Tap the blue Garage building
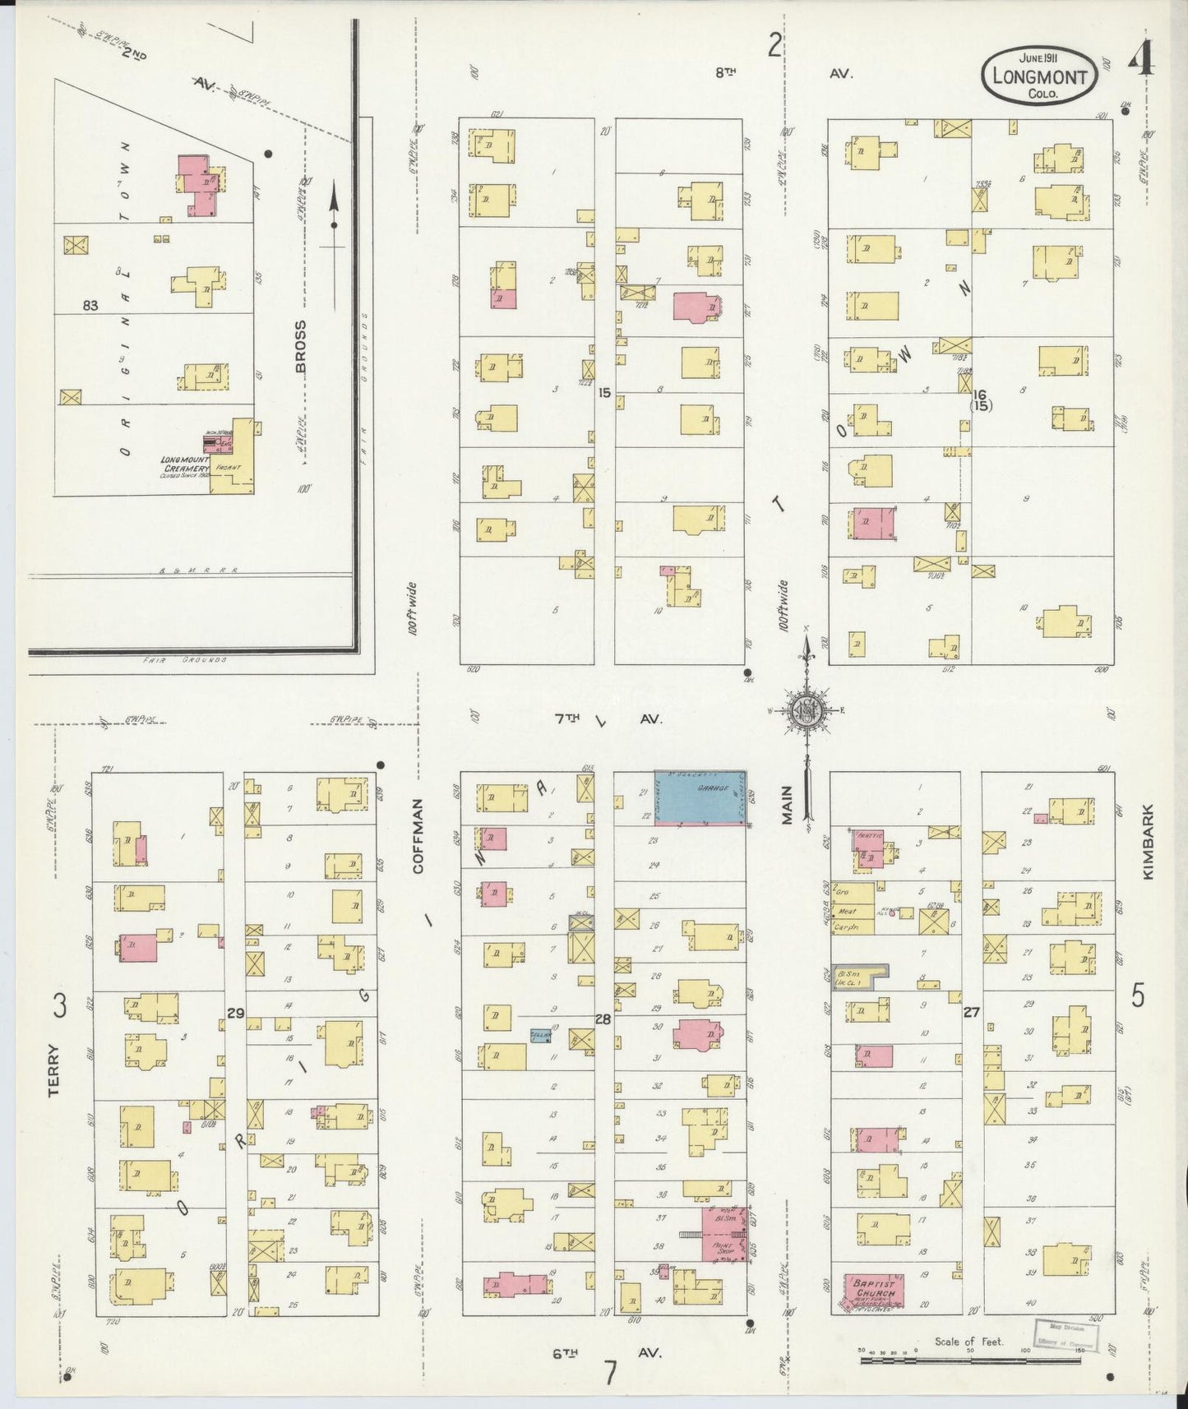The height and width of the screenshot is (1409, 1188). [700, 795]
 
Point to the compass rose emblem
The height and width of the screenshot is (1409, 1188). [806, 712]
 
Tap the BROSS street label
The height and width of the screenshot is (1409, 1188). [301, 346]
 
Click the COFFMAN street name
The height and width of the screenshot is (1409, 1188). [418, 834]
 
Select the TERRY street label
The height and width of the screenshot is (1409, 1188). [54, 1069]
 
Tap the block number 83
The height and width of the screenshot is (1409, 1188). [90, 306]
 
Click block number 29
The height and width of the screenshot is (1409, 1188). [235, 1014]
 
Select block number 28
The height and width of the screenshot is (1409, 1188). [603, 1019]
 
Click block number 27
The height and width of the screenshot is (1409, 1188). [972, 1013]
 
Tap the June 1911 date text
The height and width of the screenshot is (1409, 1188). [1038, 58]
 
